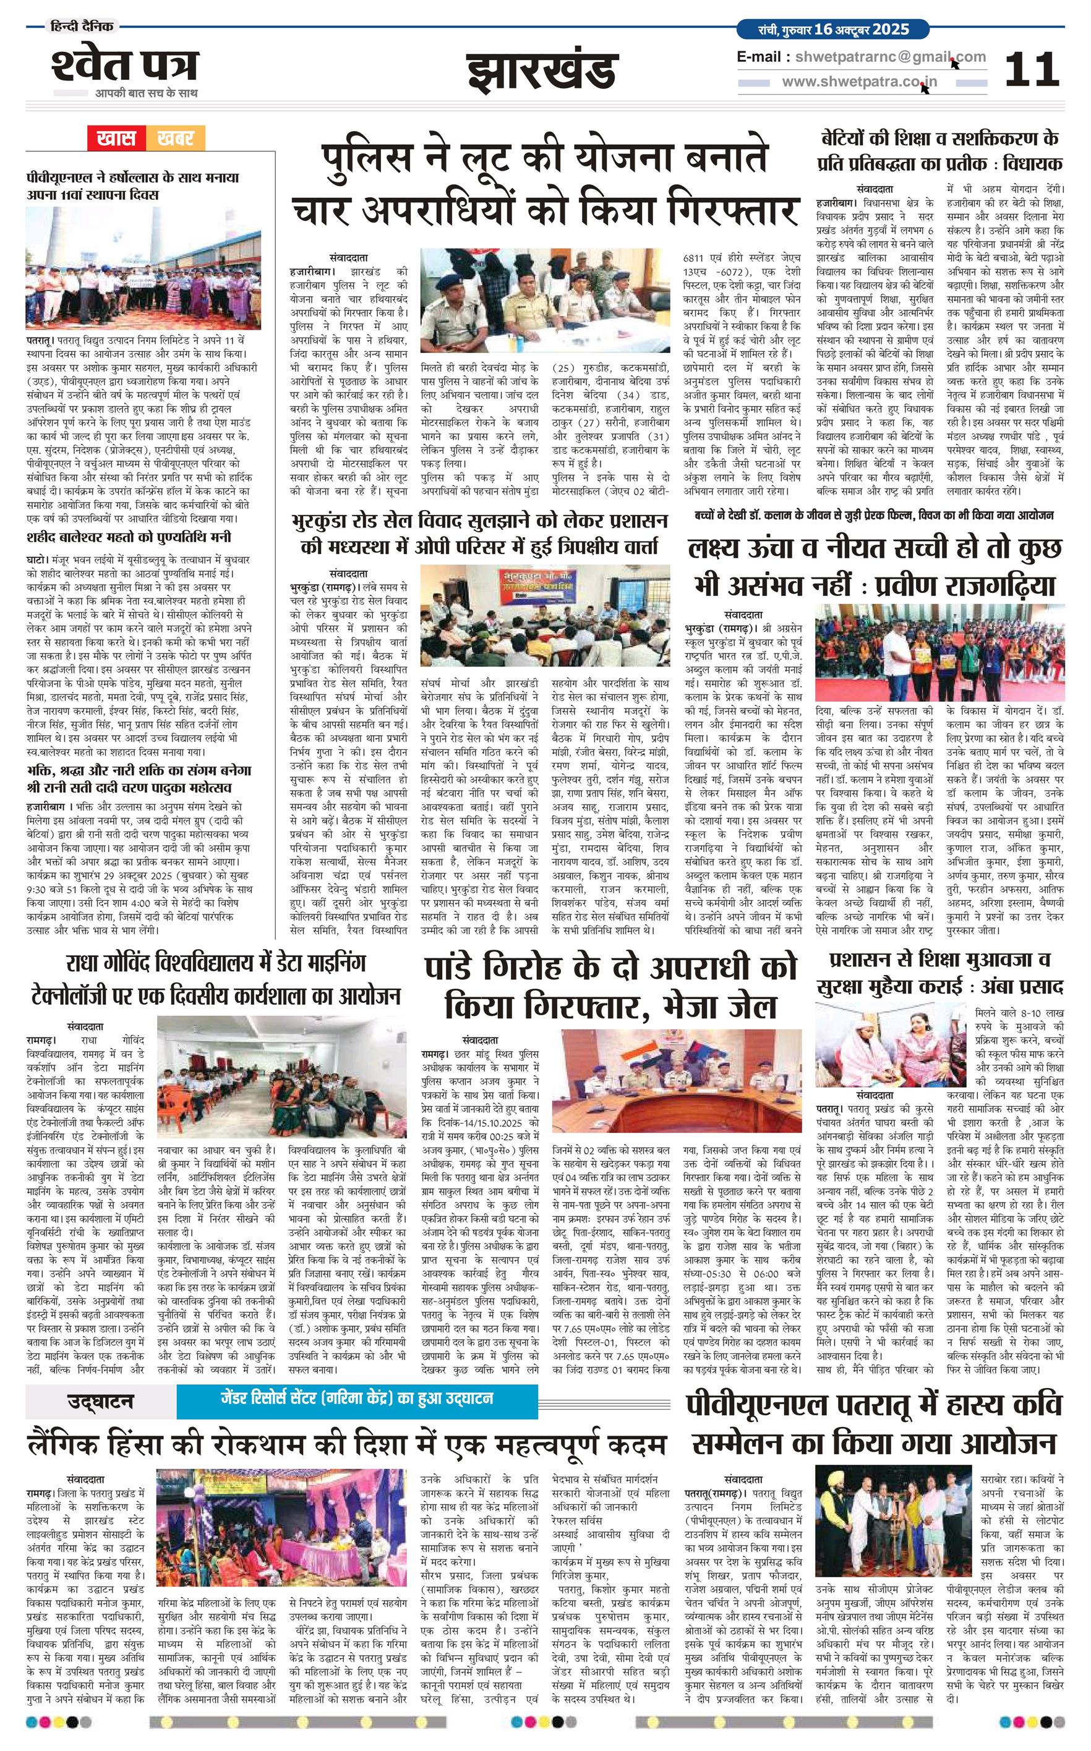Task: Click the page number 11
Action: (1032, 70)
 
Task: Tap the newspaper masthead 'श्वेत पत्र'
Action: (124, 66)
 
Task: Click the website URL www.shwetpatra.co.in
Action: (860, 82)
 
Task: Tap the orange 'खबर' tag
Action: (176, 138)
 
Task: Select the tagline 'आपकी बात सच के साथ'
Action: (147, 93)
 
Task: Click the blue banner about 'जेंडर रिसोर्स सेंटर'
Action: (357, 1397)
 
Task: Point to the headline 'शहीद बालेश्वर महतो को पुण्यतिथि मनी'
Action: (129, 537)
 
